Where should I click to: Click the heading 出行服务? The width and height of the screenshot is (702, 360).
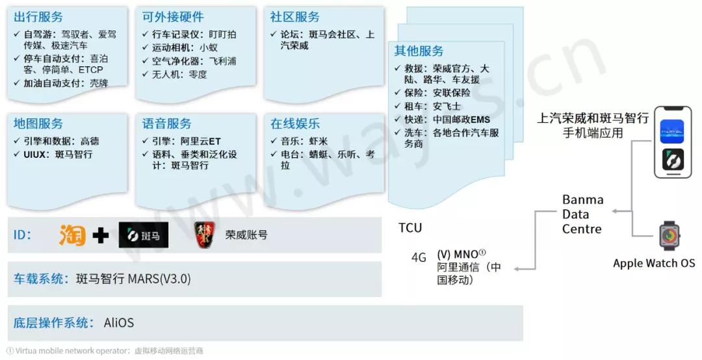pos(38,17)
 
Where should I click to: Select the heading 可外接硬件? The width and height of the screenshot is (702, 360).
pos(173,17)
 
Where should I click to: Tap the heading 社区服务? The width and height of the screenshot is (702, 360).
pos(295,17)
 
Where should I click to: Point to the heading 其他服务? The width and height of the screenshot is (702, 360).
pos(419,51)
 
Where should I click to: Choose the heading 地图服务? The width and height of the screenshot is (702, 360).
pos(38,123)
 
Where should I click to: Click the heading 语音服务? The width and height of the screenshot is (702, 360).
pos(167,123)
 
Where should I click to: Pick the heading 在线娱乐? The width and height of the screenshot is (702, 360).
pos(295,123)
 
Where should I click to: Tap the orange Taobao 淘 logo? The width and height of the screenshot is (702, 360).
pos(72,235)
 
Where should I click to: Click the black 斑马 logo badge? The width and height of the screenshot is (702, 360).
pos(144,235)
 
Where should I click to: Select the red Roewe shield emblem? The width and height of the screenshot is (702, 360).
pos(205,235)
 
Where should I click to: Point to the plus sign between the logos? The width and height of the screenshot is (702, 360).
pos(101,235)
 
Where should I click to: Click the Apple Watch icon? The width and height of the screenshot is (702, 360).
pos(669,235)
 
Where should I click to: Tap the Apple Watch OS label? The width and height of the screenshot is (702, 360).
pos(654,263)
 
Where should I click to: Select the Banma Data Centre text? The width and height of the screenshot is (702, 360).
pos(582,214)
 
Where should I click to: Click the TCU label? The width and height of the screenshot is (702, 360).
pos(410,227)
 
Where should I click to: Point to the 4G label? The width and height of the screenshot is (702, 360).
pos(419,257)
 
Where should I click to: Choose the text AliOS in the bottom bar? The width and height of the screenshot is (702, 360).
pos(119,323)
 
